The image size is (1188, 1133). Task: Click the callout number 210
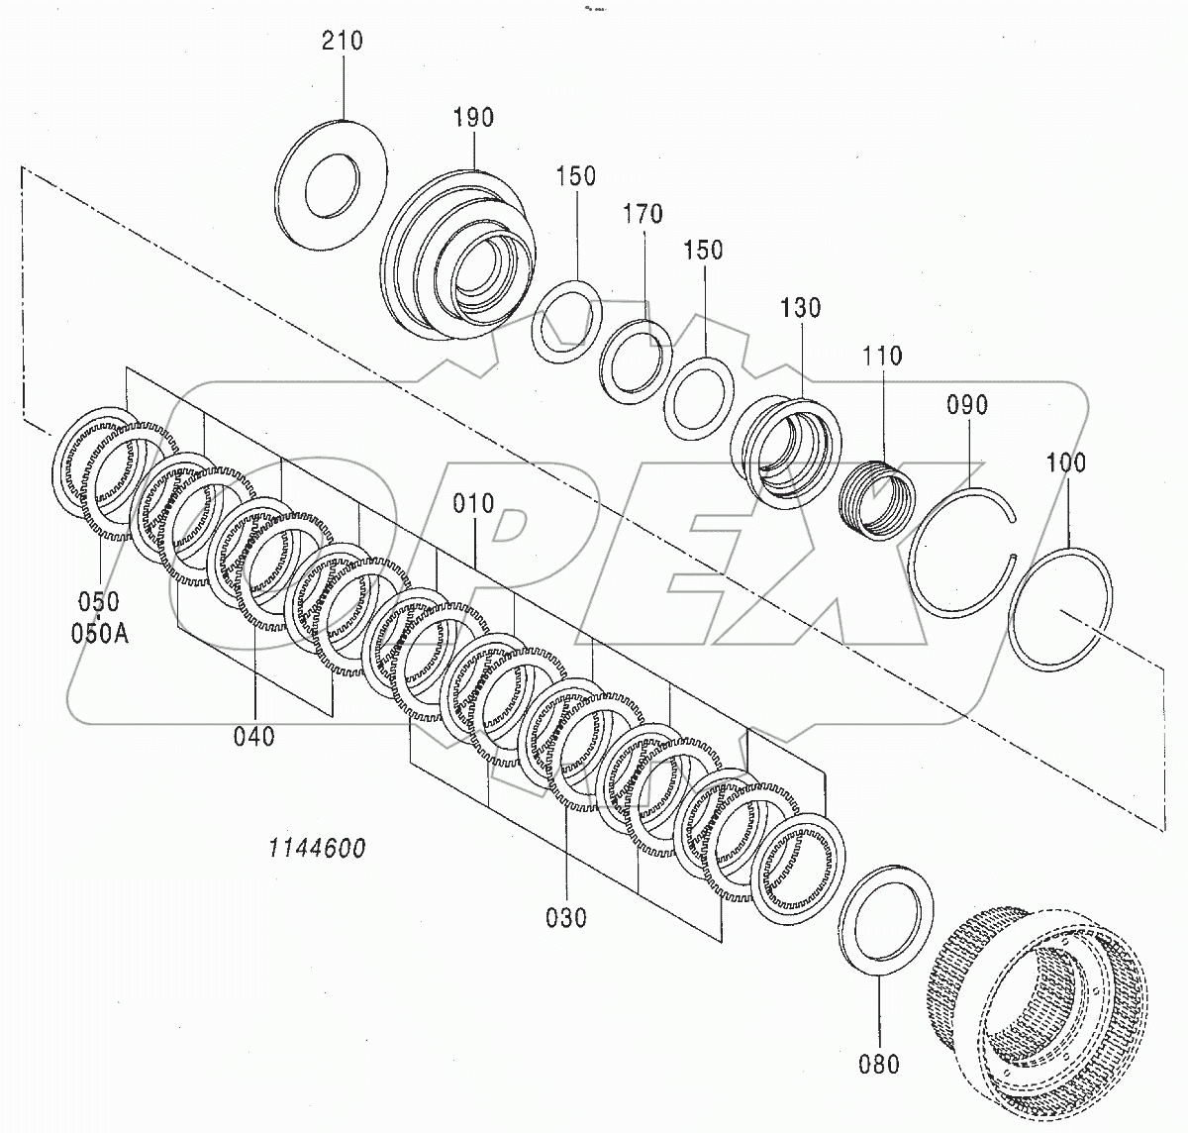pos(343,42)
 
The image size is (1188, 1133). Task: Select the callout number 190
pos(473,118)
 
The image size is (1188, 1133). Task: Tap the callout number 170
pos(643,214)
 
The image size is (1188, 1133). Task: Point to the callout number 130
pos(800,308)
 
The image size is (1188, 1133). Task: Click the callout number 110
pos(881,355)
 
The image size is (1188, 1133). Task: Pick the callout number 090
pos(967,404)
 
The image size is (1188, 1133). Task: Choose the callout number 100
pos(1065,463)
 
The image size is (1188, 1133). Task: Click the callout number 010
pos(473,503)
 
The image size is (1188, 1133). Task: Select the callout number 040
pos(254,736)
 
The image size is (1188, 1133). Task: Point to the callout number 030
pos(566,917)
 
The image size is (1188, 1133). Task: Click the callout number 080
pos(879,1064)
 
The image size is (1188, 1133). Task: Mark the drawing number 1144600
pos(315,848)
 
